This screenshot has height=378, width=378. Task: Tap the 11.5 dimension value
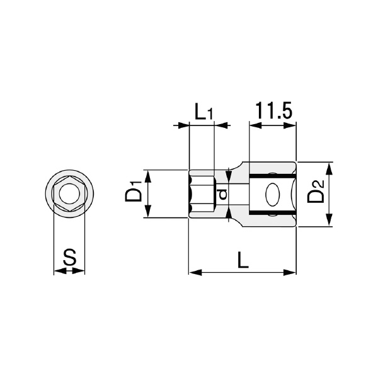[x=273, y=111]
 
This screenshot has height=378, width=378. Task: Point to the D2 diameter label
[x=316, y=192]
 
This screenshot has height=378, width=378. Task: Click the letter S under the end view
[x=70, y=257]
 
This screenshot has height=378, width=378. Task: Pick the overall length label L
[x=243, y=260]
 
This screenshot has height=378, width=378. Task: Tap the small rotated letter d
[x=223, y=194]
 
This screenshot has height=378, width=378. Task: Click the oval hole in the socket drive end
[x=273, y=194]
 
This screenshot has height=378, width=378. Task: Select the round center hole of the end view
[x=69, y=193]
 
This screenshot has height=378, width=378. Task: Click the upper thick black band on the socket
[x=272, y=176]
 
